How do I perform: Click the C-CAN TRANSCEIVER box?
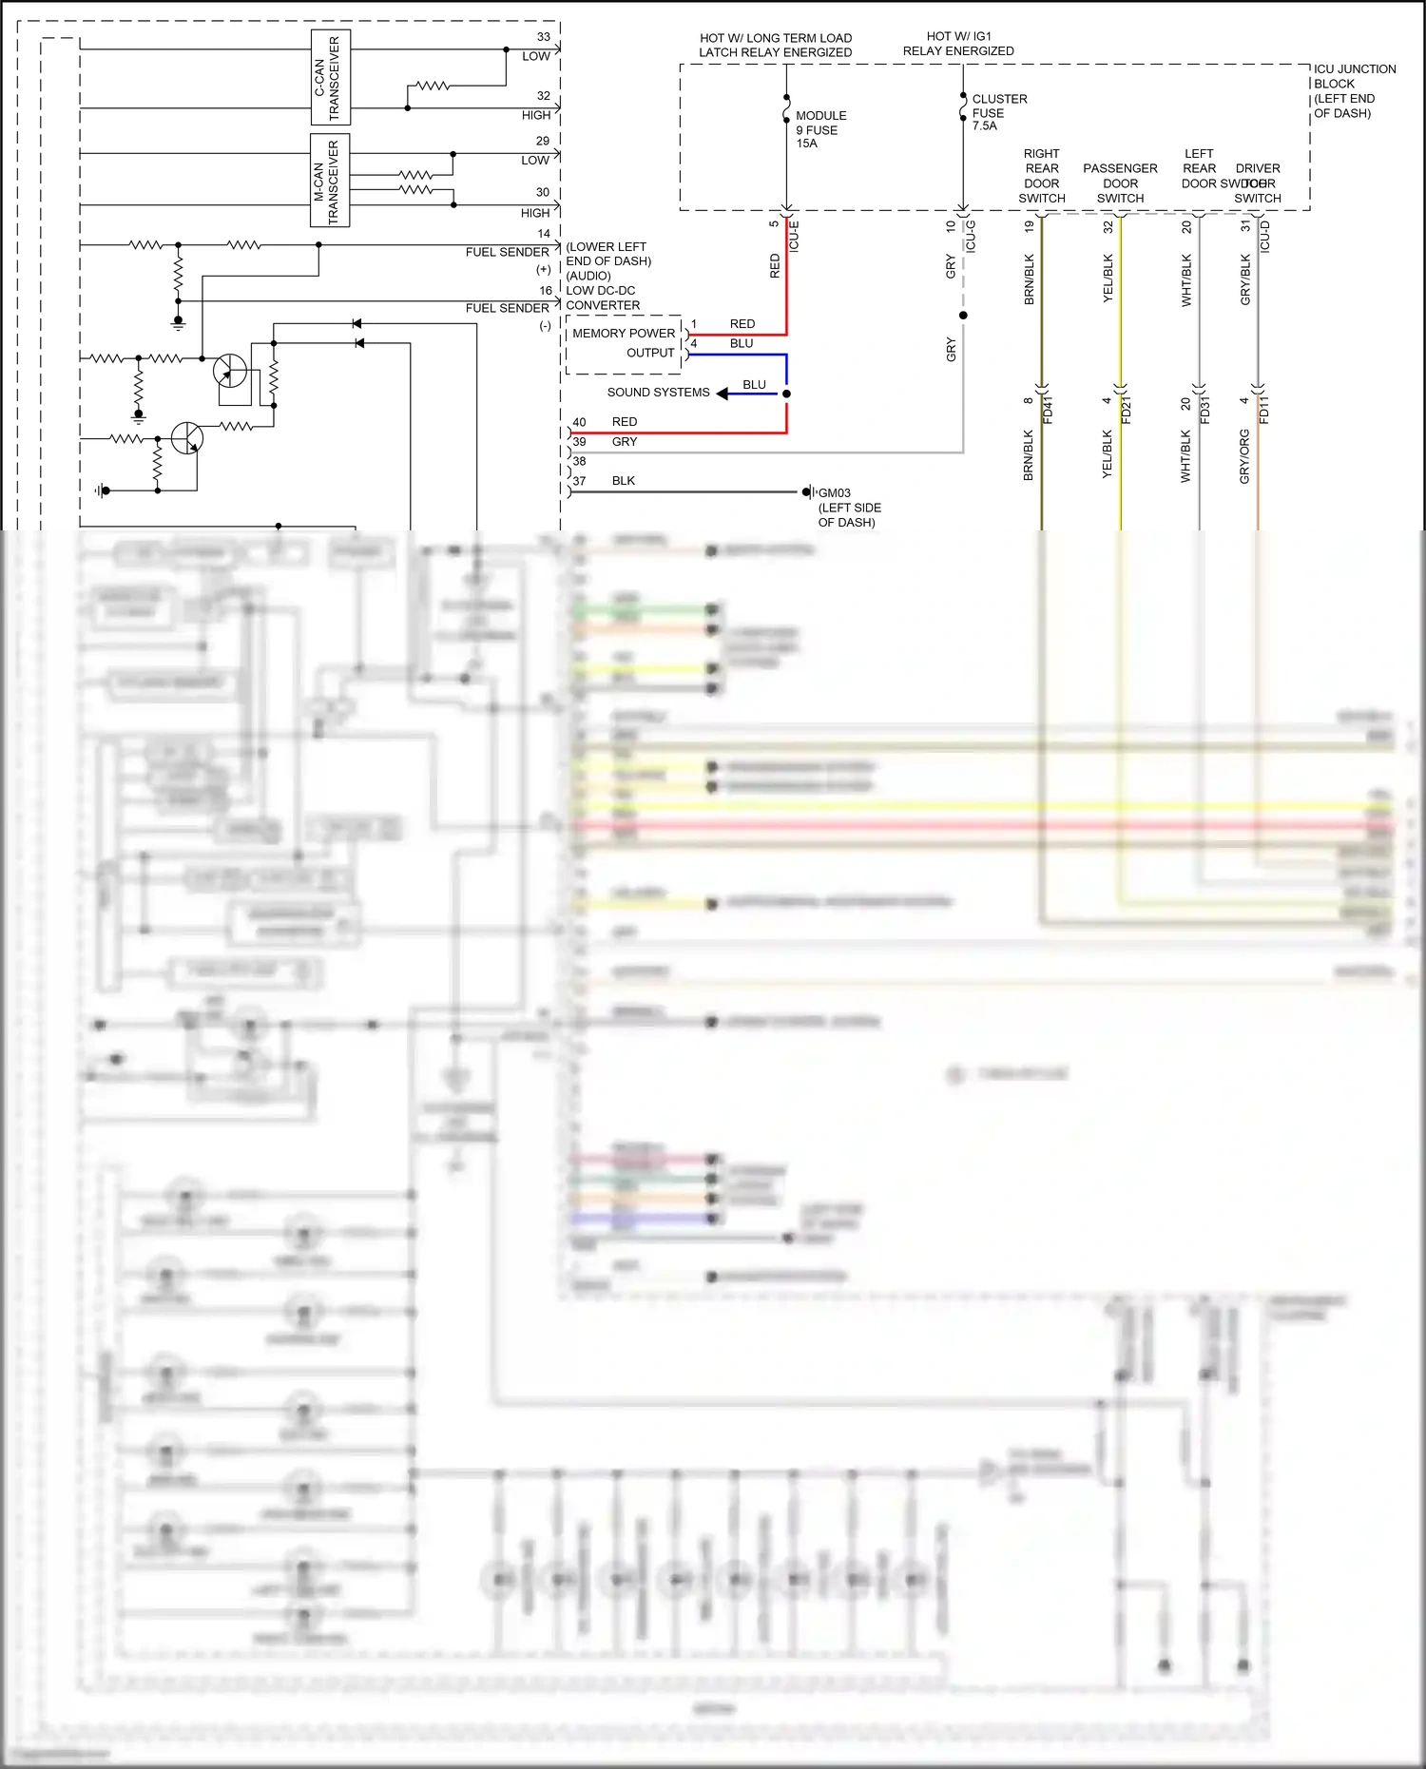331,77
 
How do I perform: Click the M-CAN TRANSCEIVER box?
330,181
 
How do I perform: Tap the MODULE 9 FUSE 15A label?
819,129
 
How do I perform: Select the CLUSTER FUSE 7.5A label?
998,112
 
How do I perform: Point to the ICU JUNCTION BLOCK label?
1354,90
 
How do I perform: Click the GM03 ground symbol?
806,492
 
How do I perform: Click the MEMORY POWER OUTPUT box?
624,343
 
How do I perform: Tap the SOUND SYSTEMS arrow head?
723,394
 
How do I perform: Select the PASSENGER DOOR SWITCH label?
1120,183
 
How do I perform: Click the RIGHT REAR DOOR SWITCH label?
1041,176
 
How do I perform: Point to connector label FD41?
1048,411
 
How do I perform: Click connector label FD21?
1127,411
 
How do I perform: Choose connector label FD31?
1205,411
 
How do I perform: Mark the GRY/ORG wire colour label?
1244,456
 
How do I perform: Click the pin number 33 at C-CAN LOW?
544,37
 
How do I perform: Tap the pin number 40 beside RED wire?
579,422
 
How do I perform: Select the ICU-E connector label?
795,236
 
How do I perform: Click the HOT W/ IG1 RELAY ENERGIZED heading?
958,44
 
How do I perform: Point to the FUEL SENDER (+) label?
507,253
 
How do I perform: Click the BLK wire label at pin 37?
624,481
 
